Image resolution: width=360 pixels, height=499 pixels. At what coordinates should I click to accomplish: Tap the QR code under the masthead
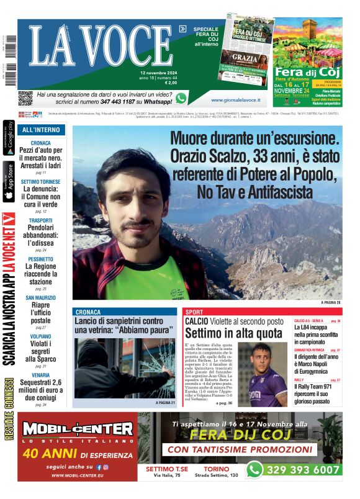tap(25, 98)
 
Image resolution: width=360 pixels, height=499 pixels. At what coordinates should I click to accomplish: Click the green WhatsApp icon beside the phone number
tap(181, 98)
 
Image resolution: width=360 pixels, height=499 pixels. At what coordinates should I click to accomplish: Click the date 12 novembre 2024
tap(158, 72)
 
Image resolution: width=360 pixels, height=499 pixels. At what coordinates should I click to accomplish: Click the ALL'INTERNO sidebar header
tap(41, 130)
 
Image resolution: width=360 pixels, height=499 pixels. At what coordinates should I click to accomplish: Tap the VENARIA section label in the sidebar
tap(41, 375)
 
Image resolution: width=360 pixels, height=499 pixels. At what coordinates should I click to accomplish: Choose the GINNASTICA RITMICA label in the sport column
tap(308, 350)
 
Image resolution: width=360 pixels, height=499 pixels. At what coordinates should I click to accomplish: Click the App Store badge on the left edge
tap(9, 182)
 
